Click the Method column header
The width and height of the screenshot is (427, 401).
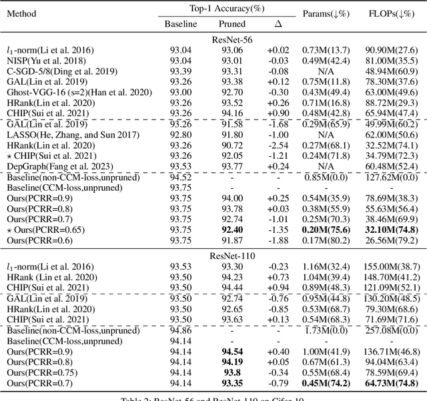tap(22, 13)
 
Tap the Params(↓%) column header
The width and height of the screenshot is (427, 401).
tap(327, 13)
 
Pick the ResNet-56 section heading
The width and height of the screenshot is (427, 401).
tap(228, 39)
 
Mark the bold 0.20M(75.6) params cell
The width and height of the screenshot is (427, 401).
tap(327, 230)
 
